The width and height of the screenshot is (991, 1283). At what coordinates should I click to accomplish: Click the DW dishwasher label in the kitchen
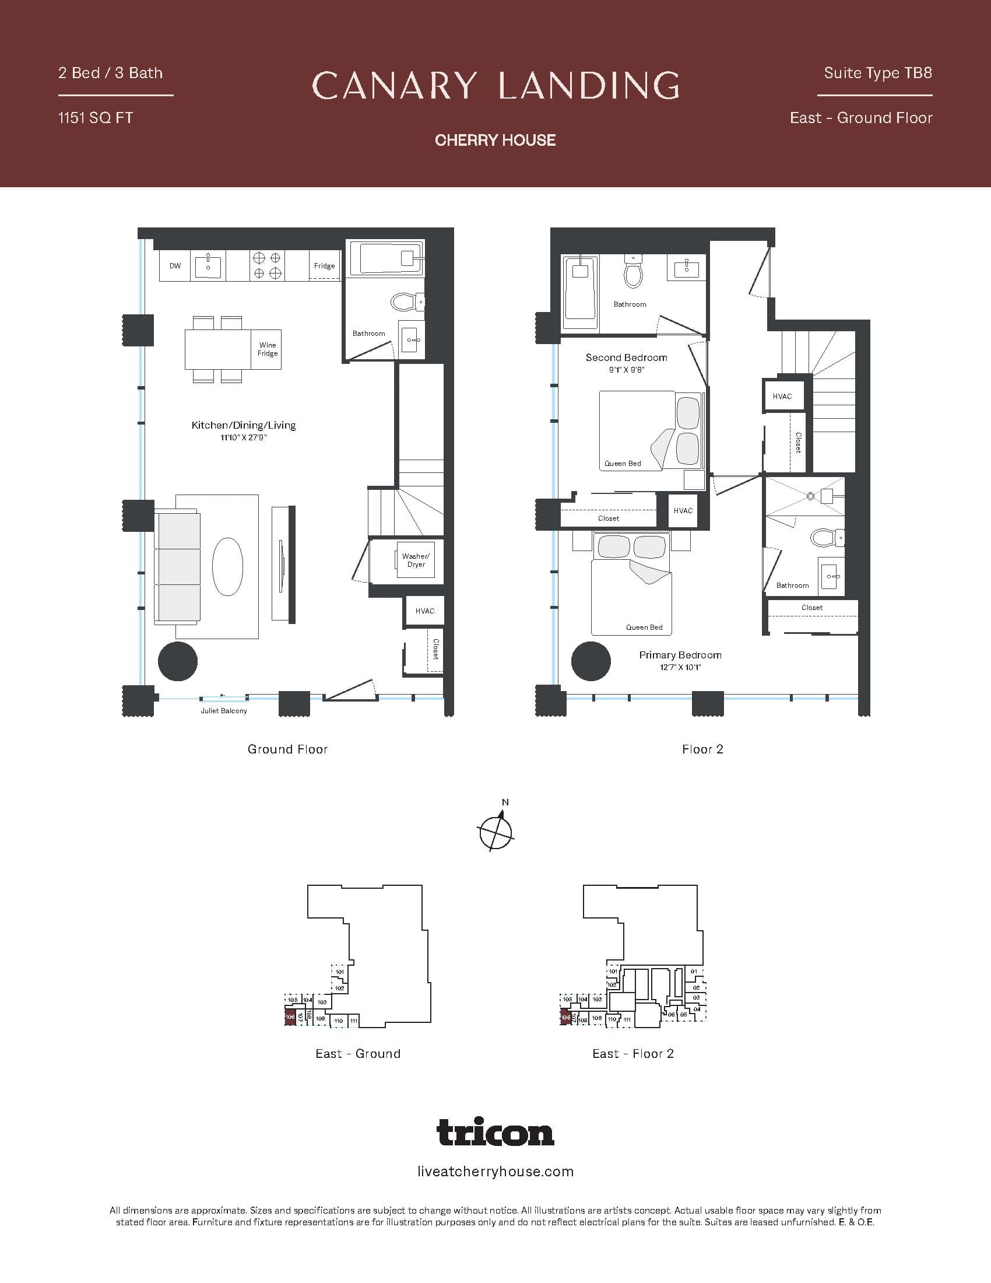click(175, 266)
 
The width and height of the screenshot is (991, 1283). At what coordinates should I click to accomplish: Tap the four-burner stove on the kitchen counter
click(266, 265)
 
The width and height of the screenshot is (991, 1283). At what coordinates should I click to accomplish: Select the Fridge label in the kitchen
click(324, 266)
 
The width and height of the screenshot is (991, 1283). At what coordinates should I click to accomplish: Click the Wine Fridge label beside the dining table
click(267, 349)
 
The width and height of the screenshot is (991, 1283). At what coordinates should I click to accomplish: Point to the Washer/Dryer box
click(416, 560)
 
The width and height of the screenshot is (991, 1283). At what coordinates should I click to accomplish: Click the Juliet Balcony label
click(224, 711)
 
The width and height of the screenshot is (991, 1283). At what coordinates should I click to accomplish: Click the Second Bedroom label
click(626, 357)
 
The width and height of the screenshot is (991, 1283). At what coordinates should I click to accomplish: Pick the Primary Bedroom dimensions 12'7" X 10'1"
click(680, 667)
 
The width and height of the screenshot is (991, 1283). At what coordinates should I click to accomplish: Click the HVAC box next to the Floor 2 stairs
click(782, 397)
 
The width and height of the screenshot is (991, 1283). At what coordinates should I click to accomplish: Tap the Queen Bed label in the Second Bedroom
click(623, 464)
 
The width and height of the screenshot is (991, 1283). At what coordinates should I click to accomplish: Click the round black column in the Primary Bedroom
click(591, 661)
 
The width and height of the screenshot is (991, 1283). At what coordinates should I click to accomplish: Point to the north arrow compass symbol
click(496, 830)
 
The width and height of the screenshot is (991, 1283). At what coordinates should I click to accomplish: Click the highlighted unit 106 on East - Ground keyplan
click(290, 1017)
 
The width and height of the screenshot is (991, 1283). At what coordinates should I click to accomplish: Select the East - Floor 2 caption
click(633, 1053)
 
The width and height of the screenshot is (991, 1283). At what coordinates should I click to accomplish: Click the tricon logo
click(495, 1132)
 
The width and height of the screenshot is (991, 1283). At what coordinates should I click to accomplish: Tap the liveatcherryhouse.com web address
click(495, 1172)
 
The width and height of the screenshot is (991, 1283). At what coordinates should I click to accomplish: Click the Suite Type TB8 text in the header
click(877, 73)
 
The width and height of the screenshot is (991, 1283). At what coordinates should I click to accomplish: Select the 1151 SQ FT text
click(96, 118)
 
